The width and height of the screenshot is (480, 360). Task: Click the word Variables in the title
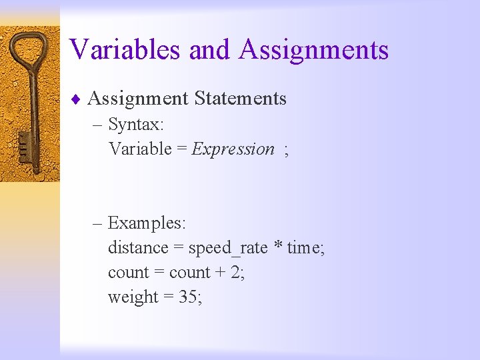coord(125,50)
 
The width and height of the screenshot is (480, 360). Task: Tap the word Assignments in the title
coord(313,50)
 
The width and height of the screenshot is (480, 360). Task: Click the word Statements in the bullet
coord(240,99)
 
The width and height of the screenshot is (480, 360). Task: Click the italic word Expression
coord(233,149)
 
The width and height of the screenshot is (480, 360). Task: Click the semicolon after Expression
coord(286,150)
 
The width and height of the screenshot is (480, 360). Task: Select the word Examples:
coord(147,223)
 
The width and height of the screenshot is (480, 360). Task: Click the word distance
coord(138,248)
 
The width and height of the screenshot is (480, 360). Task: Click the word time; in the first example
coord(306,248)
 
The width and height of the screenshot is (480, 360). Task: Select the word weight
coord(133,297)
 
